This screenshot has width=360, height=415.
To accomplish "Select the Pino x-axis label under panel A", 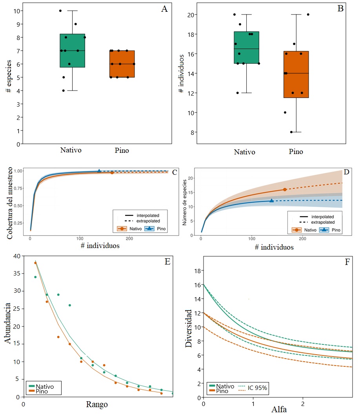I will [122, 150].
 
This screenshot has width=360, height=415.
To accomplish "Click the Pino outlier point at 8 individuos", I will [291, 132].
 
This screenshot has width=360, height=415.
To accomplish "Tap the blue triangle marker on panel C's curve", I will [99, 171].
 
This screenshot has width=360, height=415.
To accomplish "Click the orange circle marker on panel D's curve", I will [285, 189].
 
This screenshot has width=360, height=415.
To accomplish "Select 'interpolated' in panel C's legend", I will [145, 215].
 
